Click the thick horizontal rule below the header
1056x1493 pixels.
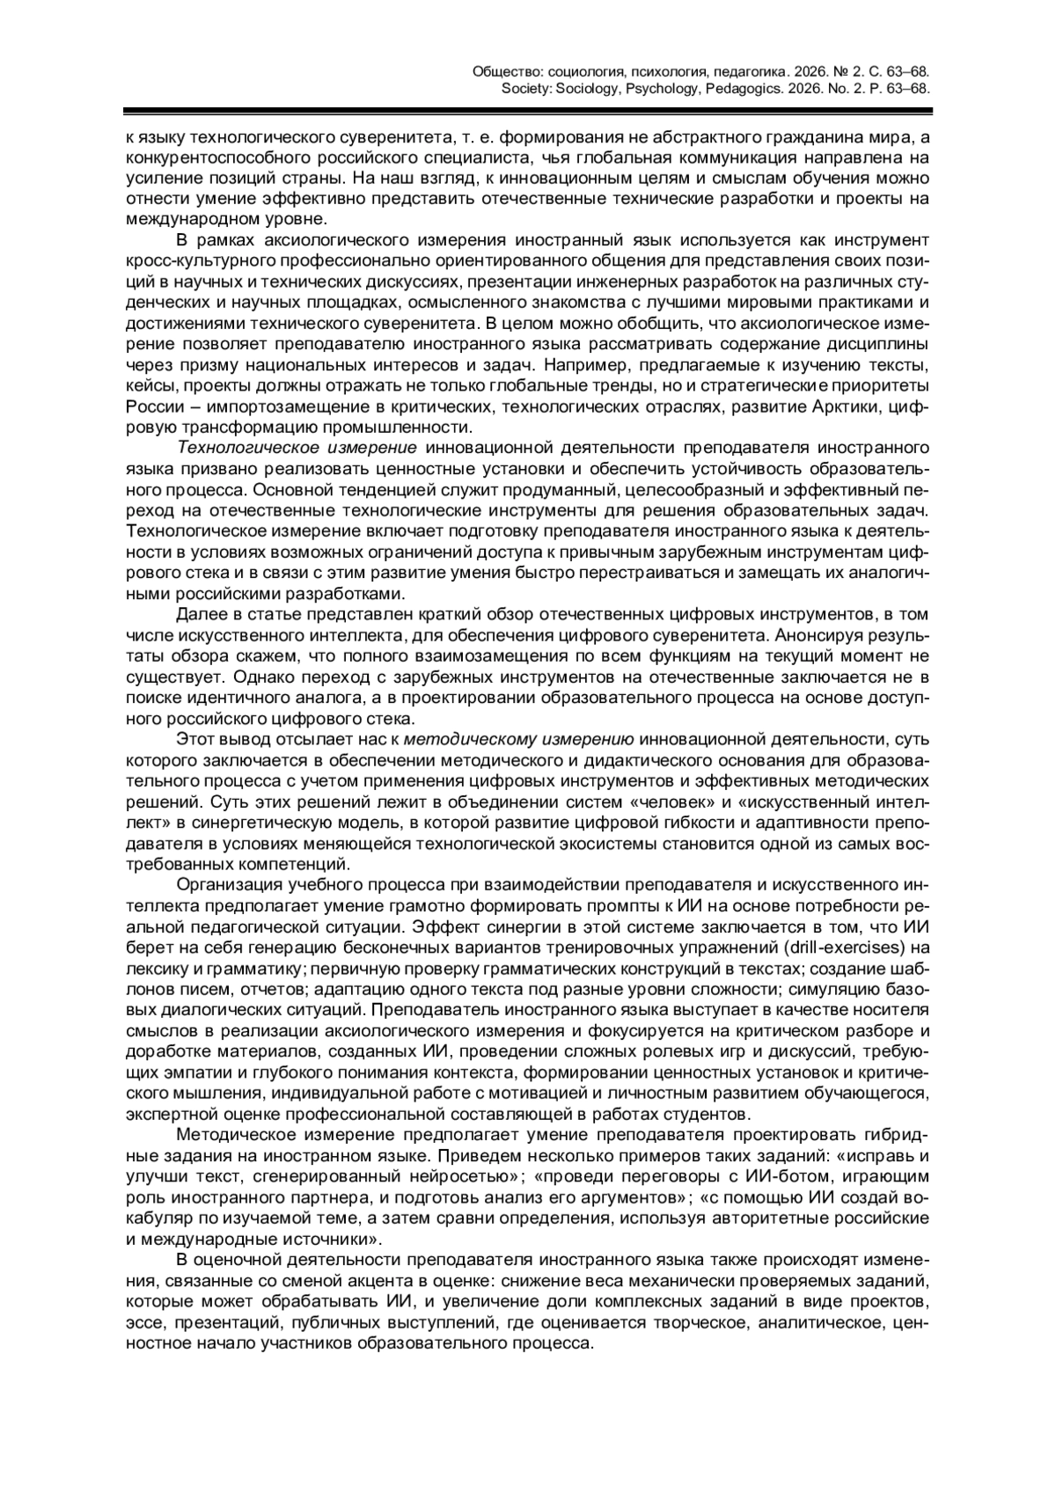tap(527, 112)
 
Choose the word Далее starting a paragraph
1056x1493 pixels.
tap(199, 613)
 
